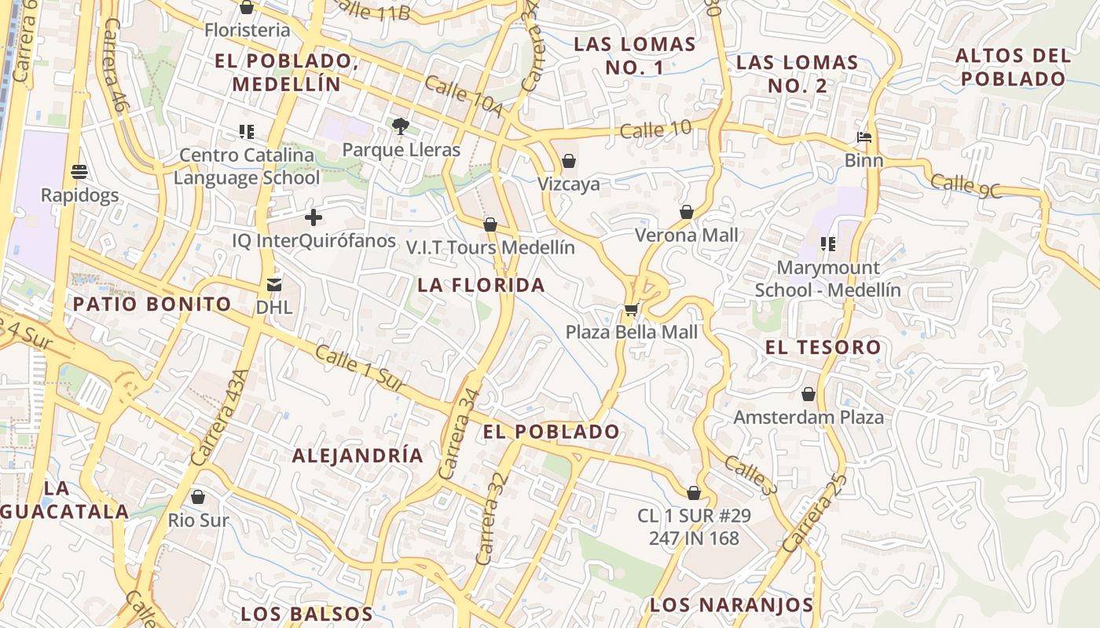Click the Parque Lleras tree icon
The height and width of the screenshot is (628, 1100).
click(400, 126)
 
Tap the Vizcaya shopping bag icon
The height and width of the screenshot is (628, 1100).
click(569, 162)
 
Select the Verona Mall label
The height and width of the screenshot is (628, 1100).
click(686, 235)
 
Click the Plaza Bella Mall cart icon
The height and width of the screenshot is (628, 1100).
click(631, 309)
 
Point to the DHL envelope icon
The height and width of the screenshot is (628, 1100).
click(274, 284)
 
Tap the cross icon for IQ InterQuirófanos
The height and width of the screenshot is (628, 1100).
click(313, 217)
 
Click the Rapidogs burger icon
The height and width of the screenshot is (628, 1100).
click(79, 171)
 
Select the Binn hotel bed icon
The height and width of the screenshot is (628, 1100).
click(863, 137)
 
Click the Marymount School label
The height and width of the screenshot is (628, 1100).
click(827, 279)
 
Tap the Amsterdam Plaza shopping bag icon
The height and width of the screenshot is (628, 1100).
click(808, 394)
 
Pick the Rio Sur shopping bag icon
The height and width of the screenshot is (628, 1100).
click(198, 497)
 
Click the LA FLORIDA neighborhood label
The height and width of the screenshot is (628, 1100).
click(481, 285)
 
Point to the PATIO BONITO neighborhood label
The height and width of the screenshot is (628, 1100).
click(152, 304)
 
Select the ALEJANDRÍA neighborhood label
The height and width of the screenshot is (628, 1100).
click(357, 455)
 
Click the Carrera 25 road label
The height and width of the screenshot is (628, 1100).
click(815, 511)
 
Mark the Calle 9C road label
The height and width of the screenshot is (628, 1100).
click(966, 186)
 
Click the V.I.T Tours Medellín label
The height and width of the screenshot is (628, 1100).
click(490, 247)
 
